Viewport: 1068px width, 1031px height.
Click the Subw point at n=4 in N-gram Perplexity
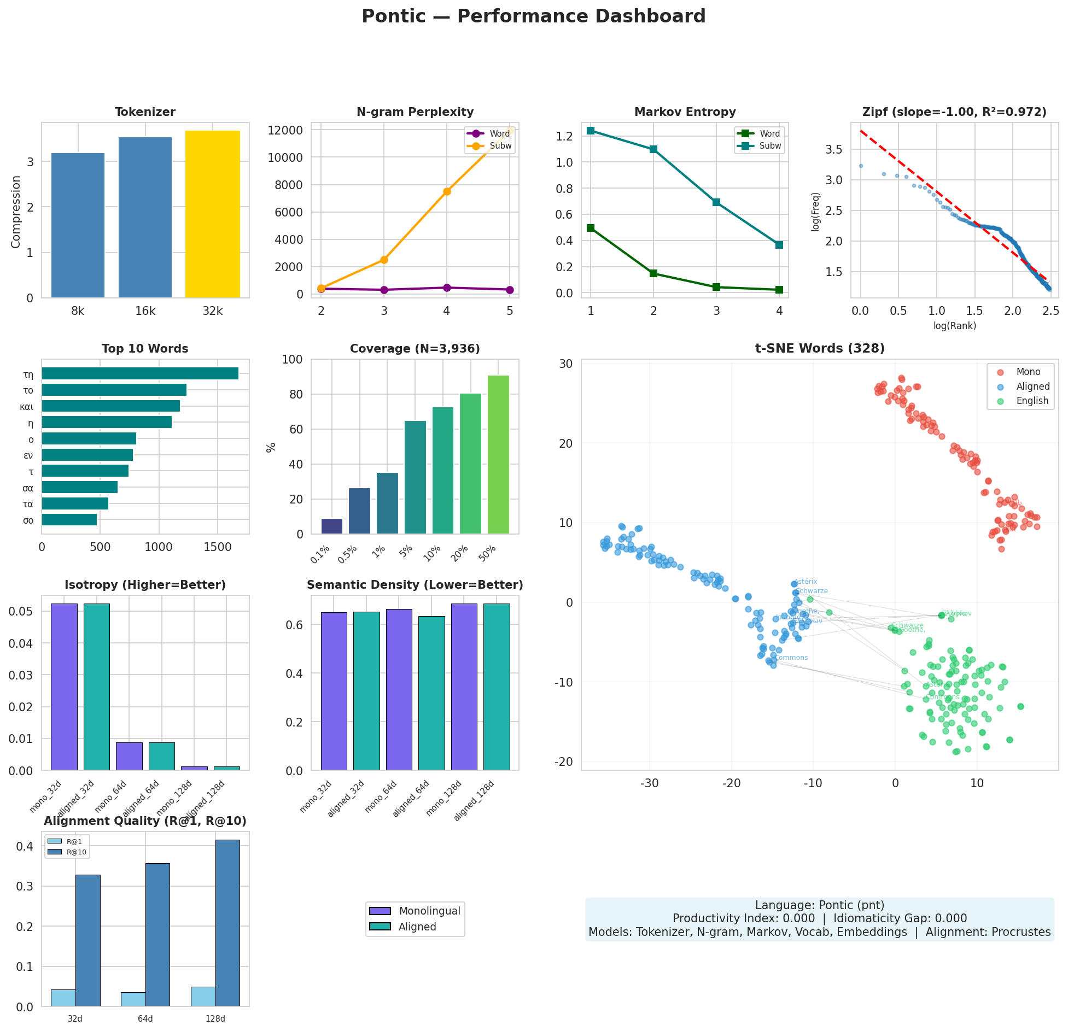click(447, 191)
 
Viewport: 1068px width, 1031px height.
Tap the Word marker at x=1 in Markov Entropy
click(591, 228)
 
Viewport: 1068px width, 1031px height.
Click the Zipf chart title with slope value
click(954, 112)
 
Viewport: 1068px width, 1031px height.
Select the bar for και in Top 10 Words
click(110, 406)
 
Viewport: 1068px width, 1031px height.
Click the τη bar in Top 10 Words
click(140, 373)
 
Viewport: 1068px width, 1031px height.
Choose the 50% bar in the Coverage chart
click(498, 454)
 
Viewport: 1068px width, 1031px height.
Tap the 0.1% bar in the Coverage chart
click(332, 526)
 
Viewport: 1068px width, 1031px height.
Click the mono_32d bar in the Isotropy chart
click(64, 687)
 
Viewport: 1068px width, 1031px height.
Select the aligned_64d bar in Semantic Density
click(431, 693)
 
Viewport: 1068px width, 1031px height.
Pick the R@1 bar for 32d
click(63, 998)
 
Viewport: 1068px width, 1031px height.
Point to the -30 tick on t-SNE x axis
click(650, 783)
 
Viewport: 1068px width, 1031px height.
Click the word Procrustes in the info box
click(1023, 932)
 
